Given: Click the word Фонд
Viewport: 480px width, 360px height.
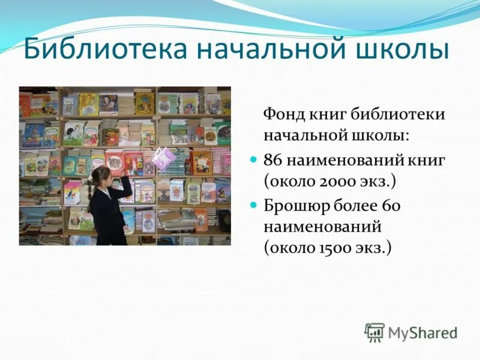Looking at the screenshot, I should click(x=284, y=114).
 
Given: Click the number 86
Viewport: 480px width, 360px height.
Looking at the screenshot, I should click(x=272, y=160).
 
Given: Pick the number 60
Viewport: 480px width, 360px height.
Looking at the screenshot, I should click(x=391, y=206).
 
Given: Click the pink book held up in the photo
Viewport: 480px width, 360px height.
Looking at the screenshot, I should click(x=164, y=158).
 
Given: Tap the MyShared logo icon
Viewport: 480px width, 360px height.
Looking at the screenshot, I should click(x=374, y=332).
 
